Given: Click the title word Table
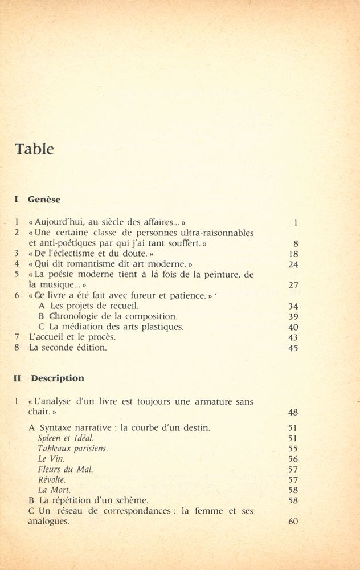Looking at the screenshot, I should click(x=34, y=149).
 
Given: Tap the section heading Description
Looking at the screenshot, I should click(x=57, y=378).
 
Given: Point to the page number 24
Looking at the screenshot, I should click(x=293, y=264).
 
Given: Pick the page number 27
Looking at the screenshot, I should click(x=293, y=285).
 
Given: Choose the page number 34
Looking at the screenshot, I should click(x=293, y=306).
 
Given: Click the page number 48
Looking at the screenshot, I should click(x=293, y=412).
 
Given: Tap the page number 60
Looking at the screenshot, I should click(x=293, y=522).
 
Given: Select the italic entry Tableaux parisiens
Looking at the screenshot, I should click(x=72, y=449).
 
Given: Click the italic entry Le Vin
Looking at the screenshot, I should click(x=51, y=459).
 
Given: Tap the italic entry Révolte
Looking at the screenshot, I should click(x=52, y=479).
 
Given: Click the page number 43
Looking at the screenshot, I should click(x=293, y=337).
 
